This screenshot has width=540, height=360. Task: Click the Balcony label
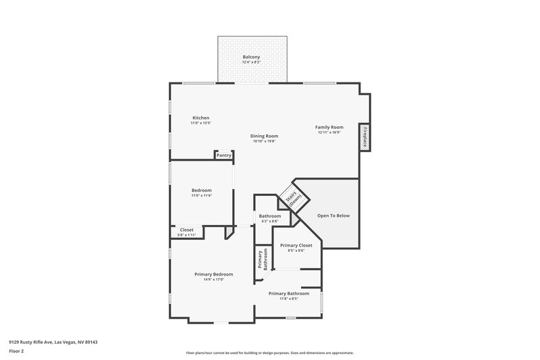251,57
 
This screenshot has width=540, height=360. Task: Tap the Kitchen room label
200,118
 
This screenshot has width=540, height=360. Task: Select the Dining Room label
265,136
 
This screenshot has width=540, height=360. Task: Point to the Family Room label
329,127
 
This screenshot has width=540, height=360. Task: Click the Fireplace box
365,136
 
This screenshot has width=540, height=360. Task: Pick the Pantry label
224,156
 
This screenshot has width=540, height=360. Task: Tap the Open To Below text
333,216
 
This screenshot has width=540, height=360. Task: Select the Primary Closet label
296,245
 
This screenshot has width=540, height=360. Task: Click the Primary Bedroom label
213,274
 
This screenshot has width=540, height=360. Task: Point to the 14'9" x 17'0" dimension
213,279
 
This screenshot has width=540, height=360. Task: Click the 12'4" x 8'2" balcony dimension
251,62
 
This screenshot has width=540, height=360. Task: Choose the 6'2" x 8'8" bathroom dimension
270,222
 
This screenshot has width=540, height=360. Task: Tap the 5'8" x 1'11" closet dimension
186,235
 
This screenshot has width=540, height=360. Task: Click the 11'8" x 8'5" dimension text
288,299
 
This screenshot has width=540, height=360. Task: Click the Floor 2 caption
17,351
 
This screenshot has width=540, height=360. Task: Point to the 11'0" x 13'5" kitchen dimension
200,123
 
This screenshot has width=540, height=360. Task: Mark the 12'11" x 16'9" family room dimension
329,132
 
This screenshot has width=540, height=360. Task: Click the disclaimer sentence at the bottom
270,353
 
